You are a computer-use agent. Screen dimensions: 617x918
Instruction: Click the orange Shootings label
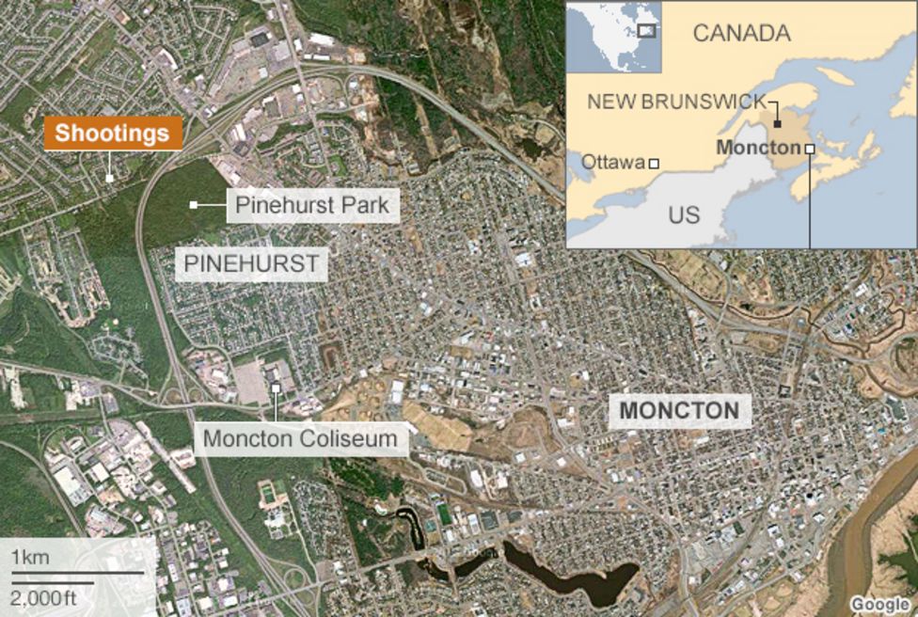(112, 134)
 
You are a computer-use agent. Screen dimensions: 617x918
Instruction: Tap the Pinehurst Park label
(312, 204)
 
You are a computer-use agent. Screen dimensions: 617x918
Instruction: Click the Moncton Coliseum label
(300, 438)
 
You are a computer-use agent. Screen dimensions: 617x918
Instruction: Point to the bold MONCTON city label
(679, 410)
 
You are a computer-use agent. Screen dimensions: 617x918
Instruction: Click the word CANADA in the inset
(741, 33)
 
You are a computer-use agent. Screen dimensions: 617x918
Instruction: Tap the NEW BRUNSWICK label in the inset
(677, 102)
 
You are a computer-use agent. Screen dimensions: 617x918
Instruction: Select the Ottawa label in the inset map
(613, 162)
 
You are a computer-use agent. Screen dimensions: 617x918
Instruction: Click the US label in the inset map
(684, 214)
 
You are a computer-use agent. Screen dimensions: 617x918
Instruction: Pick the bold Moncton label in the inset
(758, 149)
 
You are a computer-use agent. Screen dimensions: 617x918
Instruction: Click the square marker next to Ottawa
(655, 164)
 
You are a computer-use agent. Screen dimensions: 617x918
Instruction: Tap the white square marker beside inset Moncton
(809, 149)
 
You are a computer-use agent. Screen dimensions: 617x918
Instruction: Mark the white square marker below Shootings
(110, 177)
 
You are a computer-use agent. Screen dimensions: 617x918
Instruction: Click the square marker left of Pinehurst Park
(194, 204)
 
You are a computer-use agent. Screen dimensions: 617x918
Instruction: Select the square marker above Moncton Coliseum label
(276, 388)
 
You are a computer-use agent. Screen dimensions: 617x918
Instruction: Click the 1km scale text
(30, 559)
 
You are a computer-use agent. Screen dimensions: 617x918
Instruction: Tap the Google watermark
(880, 604)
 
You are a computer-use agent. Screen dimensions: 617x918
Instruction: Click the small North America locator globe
(614, 37)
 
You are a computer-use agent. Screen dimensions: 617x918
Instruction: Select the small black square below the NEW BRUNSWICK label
(778, 123)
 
